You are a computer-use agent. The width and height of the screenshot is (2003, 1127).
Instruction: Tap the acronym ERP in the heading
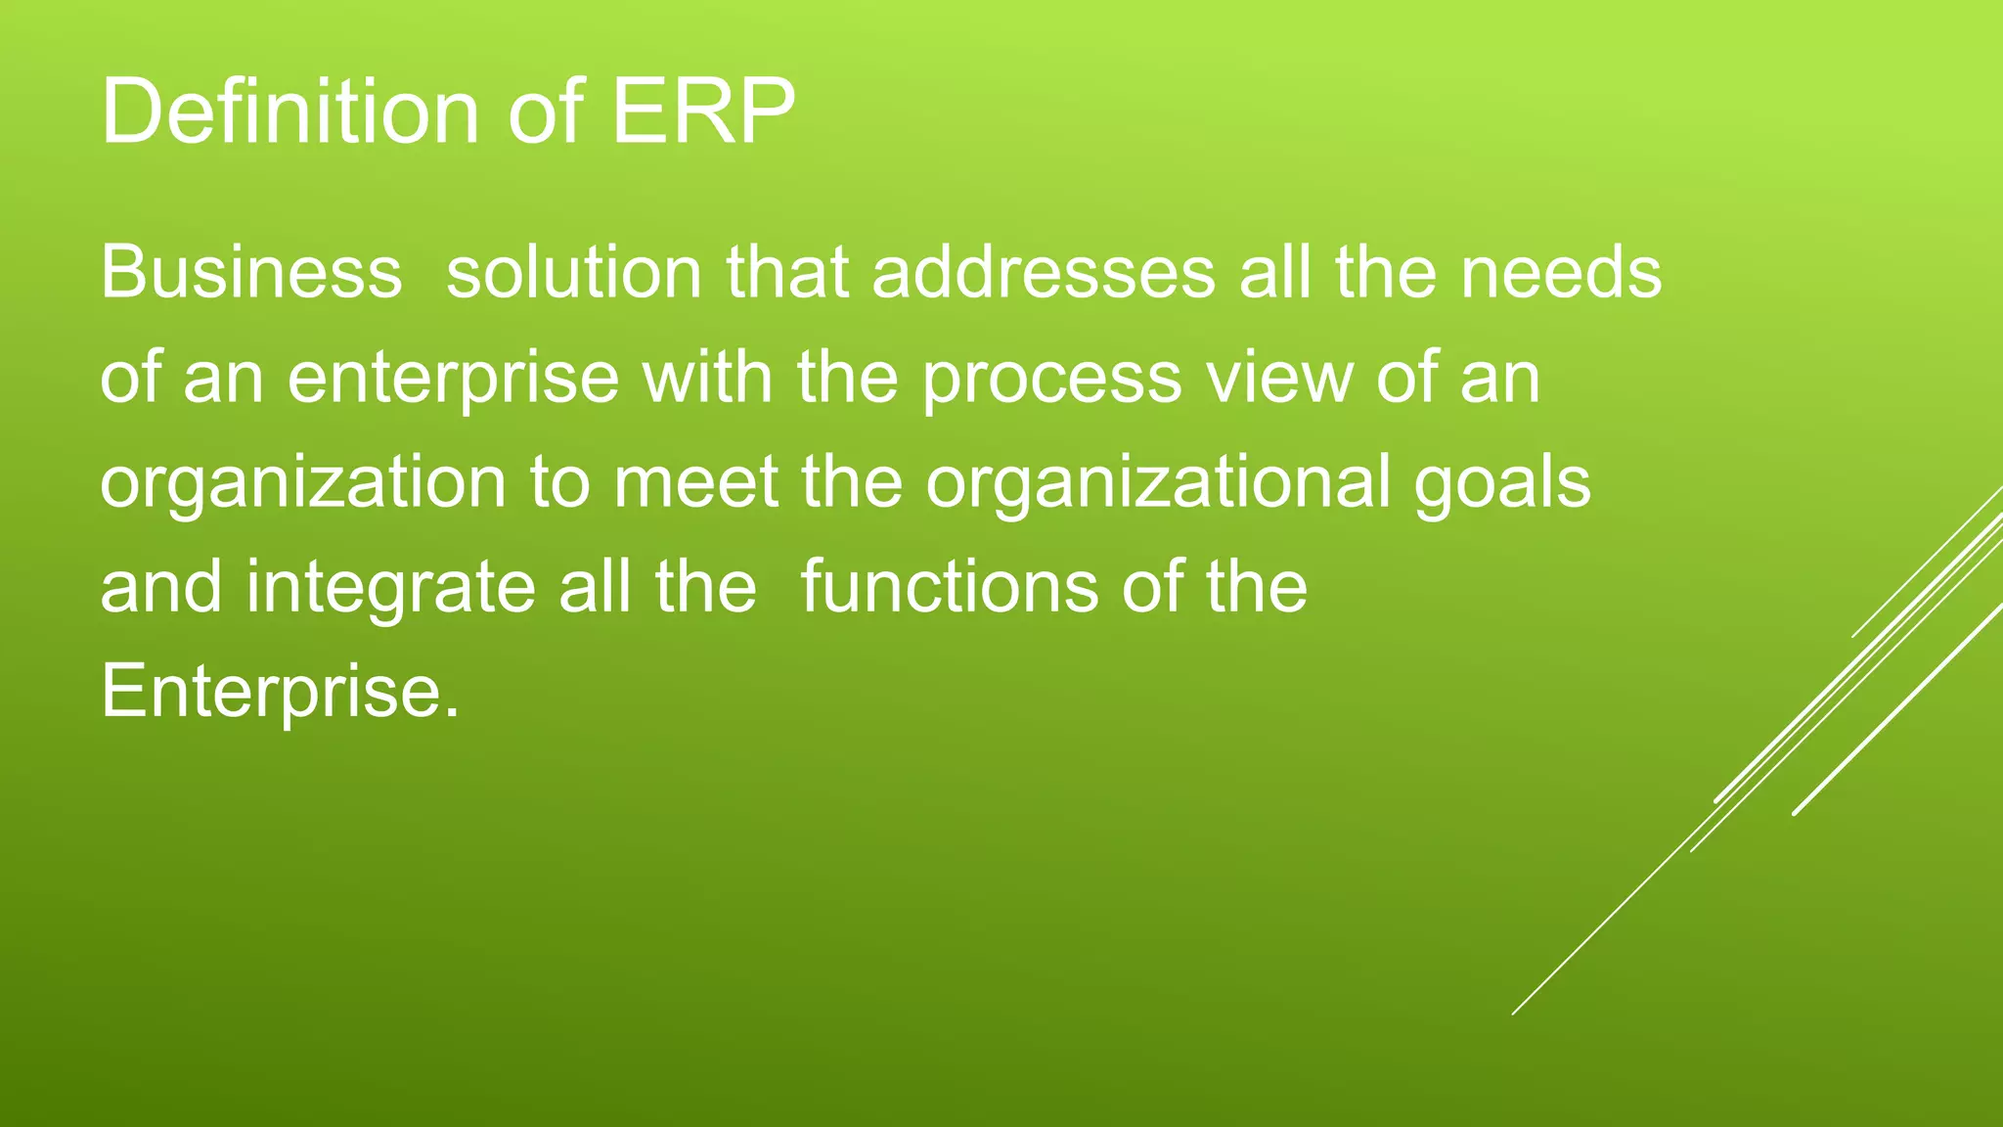702,113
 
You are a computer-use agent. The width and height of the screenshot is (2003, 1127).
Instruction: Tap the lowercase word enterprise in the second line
454,379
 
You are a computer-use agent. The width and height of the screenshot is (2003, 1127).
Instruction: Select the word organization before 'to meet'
303,483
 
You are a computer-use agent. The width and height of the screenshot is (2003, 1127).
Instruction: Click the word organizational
1158,483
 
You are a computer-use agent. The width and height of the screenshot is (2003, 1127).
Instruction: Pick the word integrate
390,588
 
